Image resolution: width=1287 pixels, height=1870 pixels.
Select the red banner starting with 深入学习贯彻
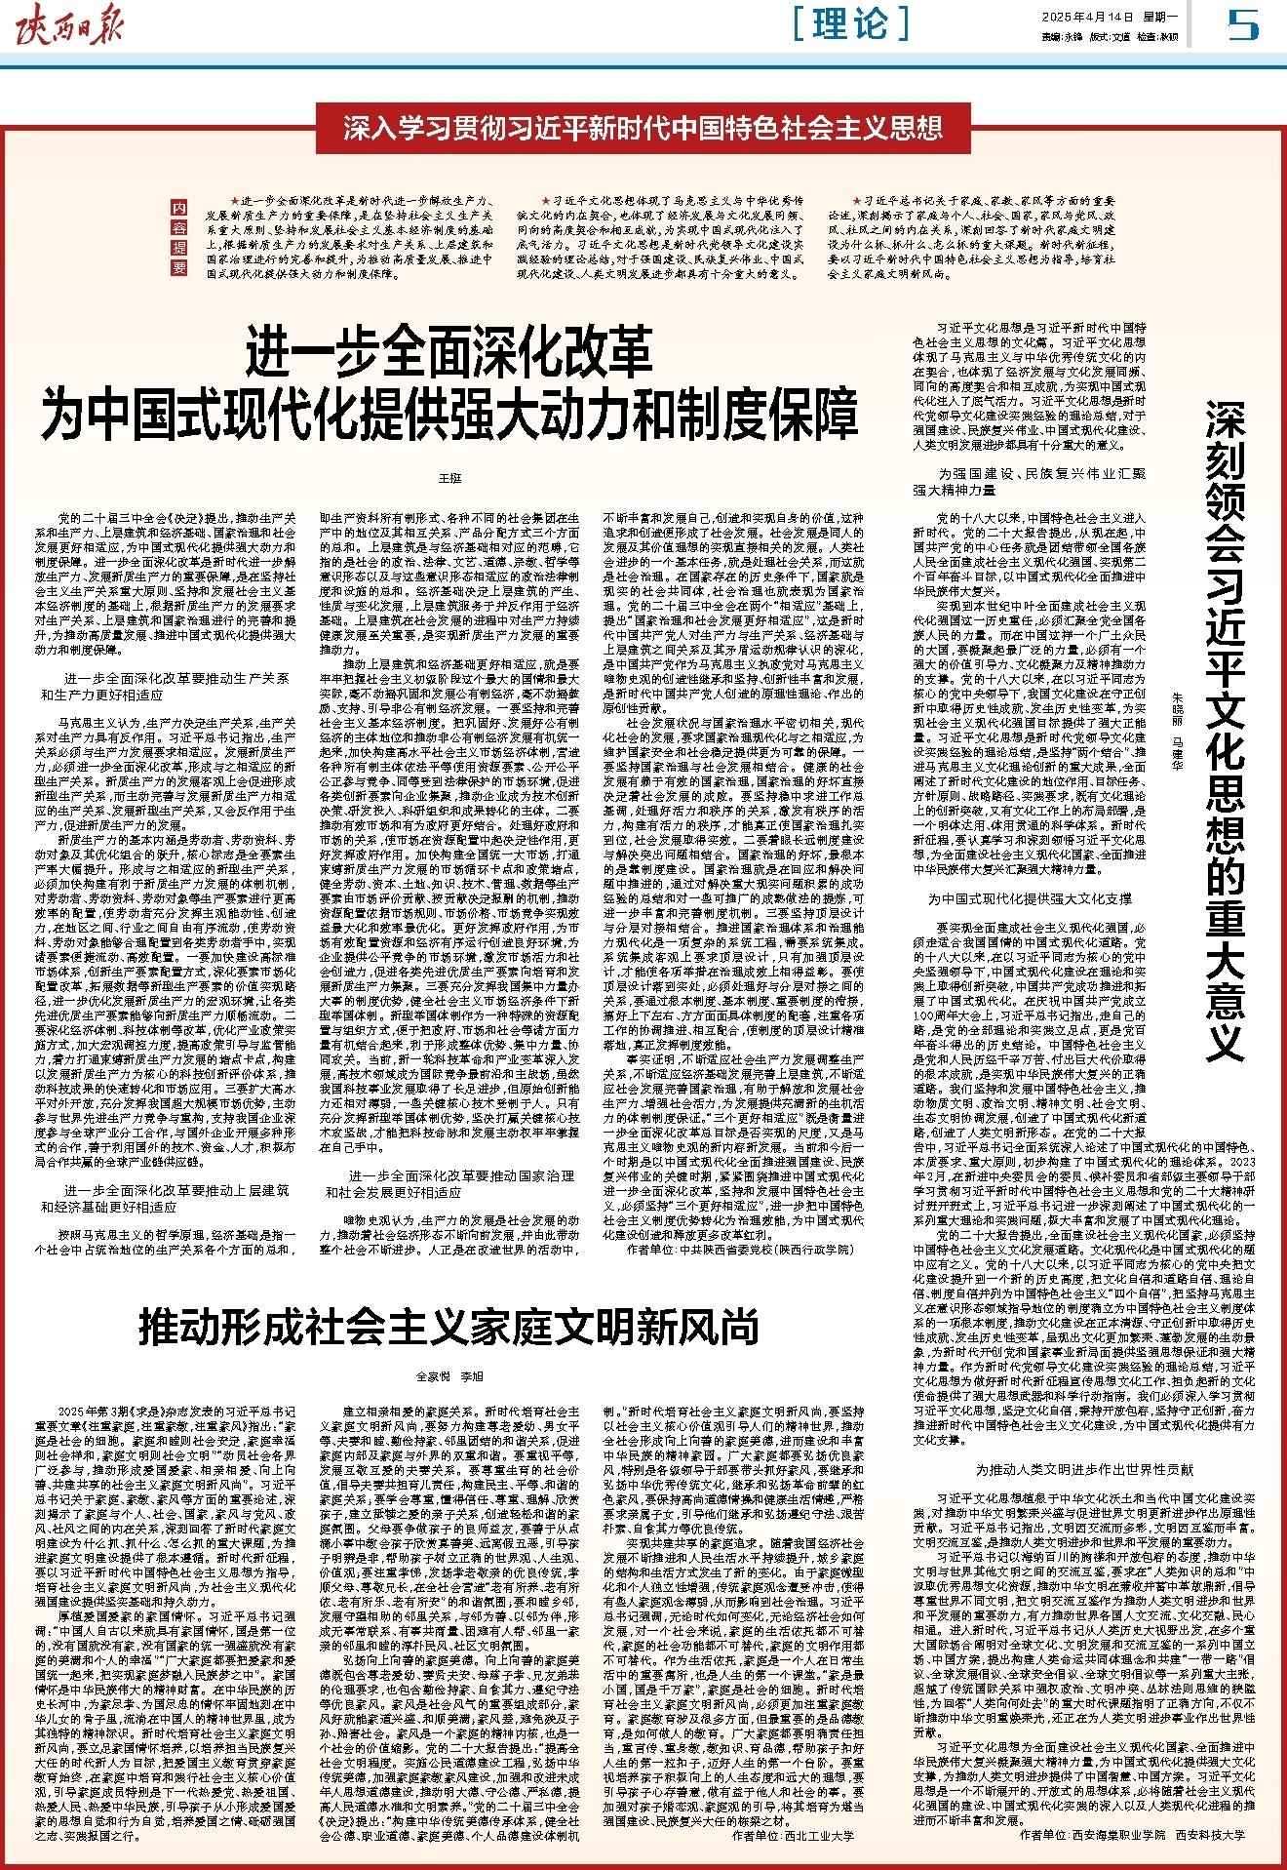coord(643,128)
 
